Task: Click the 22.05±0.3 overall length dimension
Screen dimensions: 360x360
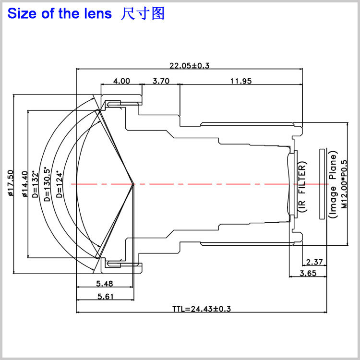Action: (x=190, y=66)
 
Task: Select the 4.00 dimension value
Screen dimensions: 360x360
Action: (x=121, y=81)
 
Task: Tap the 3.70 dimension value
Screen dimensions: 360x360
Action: (x=161, y=81)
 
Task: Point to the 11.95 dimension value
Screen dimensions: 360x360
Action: (x=240, y=81)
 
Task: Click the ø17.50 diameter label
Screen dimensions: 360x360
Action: (x=11, y=183)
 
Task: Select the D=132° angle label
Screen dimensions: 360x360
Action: (x=35, y=184)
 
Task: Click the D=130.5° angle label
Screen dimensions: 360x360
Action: (x=47, y=184)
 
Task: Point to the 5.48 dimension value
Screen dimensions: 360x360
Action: (x=104, y=283)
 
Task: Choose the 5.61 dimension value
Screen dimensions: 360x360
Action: (x=105, y=297)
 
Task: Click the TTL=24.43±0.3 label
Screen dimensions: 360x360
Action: (x=202, y=309)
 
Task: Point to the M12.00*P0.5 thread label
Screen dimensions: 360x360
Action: (x=344, y=184)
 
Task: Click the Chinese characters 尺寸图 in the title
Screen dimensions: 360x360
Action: (x=143, y=13)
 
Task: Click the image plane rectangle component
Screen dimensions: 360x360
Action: (x=322, y=183)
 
